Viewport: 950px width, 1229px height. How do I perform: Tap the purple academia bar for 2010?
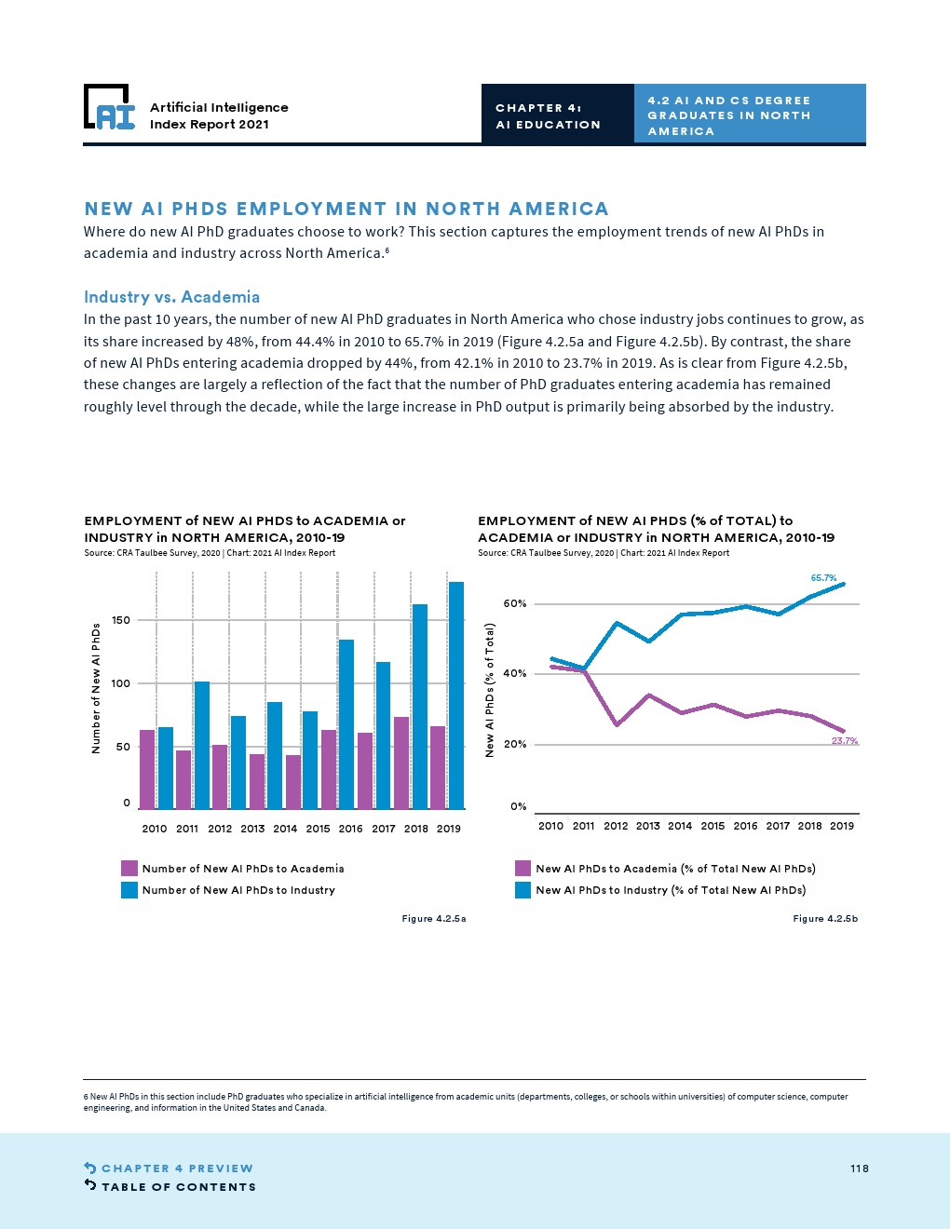pos(147,769)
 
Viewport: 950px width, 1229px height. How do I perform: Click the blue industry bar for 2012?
pos(202,745)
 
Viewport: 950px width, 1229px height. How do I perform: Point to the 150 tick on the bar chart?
pos(121,620)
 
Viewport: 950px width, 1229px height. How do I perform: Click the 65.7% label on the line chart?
pos(823,578)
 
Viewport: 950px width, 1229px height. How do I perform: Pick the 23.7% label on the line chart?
pos(844,741)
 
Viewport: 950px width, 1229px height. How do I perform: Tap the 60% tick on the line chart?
pos(515,603)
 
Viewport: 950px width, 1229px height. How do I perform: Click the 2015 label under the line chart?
pos(712,826)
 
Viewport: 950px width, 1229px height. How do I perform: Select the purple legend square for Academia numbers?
pos(130,869)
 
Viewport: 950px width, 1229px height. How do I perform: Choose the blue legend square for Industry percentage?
pos(523,890)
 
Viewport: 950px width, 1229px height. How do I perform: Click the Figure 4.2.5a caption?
pos(433,919)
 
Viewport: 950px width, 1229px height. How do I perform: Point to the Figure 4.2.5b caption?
pos(824,919)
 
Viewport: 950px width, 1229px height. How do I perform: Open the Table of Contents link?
pos(178,1187)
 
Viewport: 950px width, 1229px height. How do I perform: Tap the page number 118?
pos(859,1168)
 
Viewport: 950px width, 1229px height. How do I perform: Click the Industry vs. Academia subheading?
pos(171,297)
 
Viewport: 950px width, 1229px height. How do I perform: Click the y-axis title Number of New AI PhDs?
pos(96,687)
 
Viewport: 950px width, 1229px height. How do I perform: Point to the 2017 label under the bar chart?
pos(384,829)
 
